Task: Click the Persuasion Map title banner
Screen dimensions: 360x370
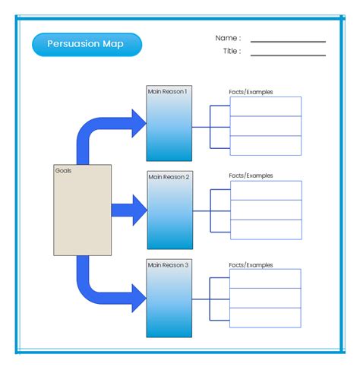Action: tap(87, 45)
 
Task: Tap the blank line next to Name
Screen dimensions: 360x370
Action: tap(288, 42)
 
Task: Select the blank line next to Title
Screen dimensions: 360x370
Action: tap(288, 55)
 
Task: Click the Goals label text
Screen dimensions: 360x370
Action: tap(63, 171)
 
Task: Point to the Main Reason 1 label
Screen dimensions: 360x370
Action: tap(167, 91)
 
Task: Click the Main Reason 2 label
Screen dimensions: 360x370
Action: tap(169, 177)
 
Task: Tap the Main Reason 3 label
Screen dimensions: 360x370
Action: tap(168, 265)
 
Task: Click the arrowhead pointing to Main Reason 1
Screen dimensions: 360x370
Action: tap(138, 123)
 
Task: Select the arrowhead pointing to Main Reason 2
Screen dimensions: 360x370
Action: tap(140, 210)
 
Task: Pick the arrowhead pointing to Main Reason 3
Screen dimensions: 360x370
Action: tap(138, 298)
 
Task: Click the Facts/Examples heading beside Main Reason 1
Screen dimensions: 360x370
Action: tap(251, 92)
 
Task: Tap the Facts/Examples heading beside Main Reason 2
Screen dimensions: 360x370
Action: tap(251, 176)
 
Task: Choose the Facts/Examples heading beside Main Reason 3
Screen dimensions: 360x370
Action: tap(251, 265)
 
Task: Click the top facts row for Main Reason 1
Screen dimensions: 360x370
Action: tap(266, 106)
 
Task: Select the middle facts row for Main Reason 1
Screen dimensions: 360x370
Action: tap(266, 126)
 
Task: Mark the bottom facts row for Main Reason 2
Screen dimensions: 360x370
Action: tap(266, 229)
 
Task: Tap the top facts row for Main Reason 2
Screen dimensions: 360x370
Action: tap(266, 191)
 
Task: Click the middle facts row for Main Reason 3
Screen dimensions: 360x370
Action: tap(265, 298)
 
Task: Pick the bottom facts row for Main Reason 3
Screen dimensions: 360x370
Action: tap(265, 318)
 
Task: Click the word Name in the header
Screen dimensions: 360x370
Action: tap(226, 38)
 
